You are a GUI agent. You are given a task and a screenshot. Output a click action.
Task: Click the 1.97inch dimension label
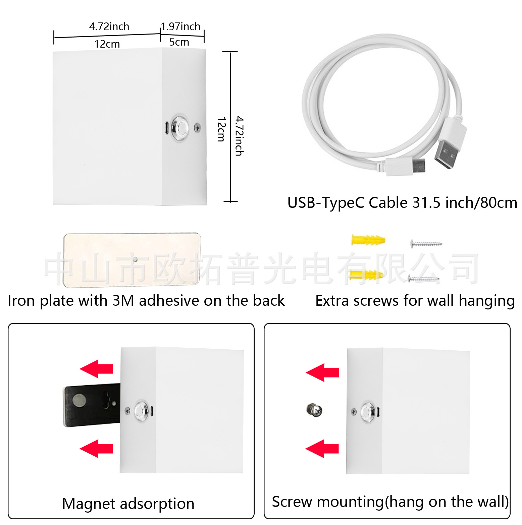[x=180, y=26]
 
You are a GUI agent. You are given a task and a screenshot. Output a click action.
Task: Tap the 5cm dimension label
[x=179, y=42]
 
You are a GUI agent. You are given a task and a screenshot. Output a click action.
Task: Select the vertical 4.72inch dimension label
[x=239, y=136]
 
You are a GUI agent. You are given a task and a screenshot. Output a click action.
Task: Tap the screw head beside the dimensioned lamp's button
[x=198, y=127]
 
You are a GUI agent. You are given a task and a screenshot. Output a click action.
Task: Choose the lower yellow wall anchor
[x=366, y=275]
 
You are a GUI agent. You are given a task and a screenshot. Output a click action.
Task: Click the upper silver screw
[x=426, y=243]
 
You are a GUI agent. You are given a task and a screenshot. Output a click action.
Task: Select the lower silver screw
[x=423, y=278]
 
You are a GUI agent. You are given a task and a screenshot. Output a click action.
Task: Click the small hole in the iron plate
[x=135, y=259]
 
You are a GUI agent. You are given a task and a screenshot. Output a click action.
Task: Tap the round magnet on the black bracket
[x=80, y=400]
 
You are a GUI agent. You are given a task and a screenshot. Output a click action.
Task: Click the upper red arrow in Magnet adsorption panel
[x=97, y=369]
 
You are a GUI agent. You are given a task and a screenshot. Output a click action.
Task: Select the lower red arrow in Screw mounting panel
[x=322, y=449]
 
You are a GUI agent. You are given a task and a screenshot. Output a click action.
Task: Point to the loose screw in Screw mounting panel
[x=314, y=410]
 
